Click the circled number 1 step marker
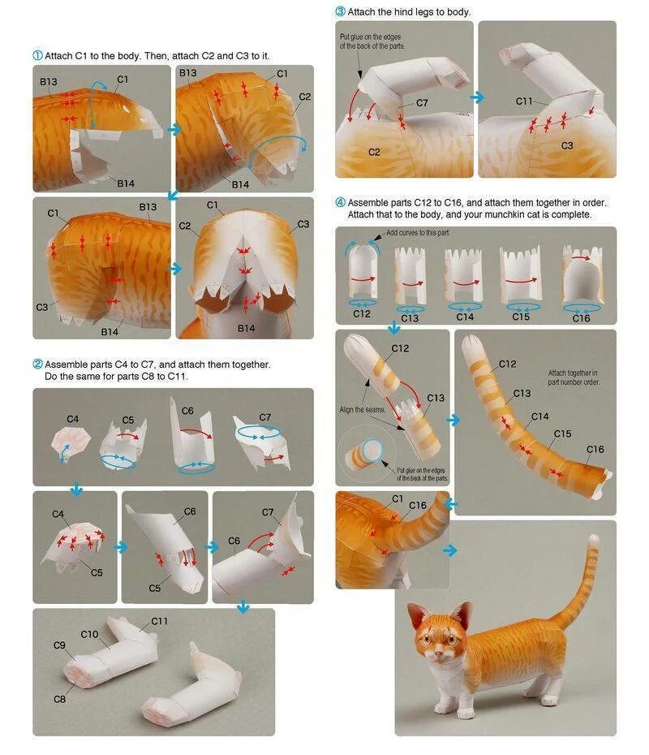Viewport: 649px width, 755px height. pos(37,55)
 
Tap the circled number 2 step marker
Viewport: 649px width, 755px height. pos(37,364)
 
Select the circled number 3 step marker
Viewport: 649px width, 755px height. pos(340,11)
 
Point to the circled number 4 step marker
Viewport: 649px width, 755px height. pos(340,202)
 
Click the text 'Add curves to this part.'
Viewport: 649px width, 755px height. pos(418,232)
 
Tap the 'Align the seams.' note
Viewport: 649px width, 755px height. pos(363,410)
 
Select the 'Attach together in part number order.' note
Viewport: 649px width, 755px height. pos(573,377)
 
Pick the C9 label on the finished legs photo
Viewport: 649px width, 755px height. pos(59,645)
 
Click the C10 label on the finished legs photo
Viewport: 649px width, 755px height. pos(89,635)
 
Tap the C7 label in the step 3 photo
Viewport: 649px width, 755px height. pos(422,102)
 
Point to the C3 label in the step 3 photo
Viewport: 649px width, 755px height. pos(567,145)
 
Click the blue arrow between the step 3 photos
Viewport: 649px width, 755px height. pos(477,97)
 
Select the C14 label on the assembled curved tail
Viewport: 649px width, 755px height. pos(539,416)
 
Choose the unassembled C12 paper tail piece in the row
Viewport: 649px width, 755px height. pos(363,272)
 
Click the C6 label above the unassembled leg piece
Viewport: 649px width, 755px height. pos(187,411)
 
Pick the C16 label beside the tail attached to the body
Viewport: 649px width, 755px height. pos(418,506)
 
